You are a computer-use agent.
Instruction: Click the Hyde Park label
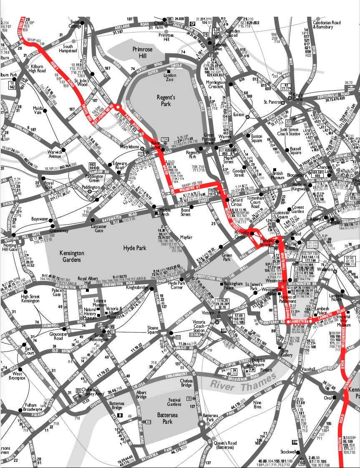(135, 248)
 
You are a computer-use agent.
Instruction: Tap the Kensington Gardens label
(72, 256)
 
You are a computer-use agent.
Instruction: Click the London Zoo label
(170, 78)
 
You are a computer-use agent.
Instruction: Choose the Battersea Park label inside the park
(167, 418)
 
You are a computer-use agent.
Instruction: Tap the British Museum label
(277, 176)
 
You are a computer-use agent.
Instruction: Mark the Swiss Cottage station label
(75, 24)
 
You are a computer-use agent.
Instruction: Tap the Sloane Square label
(153, 330)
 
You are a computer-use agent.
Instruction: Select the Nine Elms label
(257, 405)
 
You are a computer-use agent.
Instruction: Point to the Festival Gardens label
(174, 402)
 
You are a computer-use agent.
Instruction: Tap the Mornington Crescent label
(216, 85)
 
